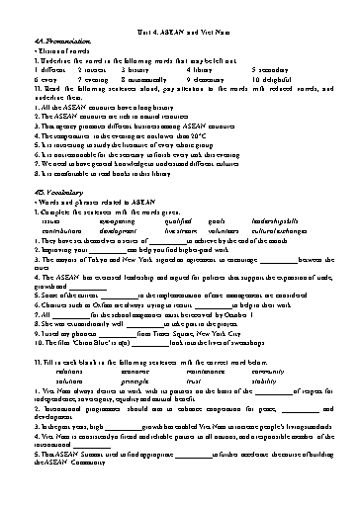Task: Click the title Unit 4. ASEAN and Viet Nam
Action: [180, 33]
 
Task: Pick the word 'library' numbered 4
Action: [203, 71]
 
